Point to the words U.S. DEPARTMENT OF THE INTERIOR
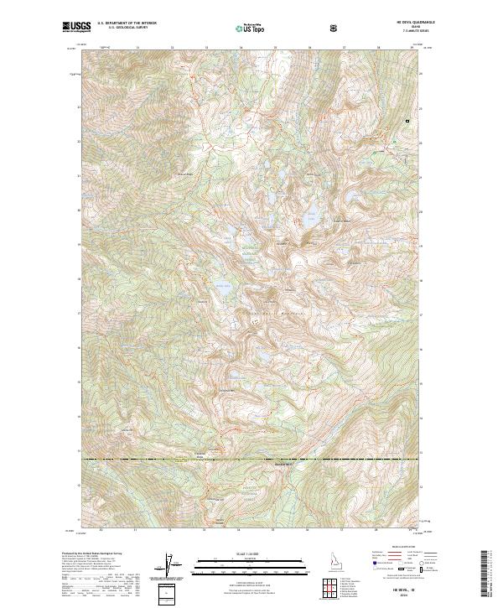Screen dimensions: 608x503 [126, 24]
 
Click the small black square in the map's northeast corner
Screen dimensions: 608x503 [407, 121]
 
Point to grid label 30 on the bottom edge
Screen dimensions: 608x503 [101, 531]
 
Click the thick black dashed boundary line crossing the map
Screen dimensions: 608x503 [251, 460]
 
